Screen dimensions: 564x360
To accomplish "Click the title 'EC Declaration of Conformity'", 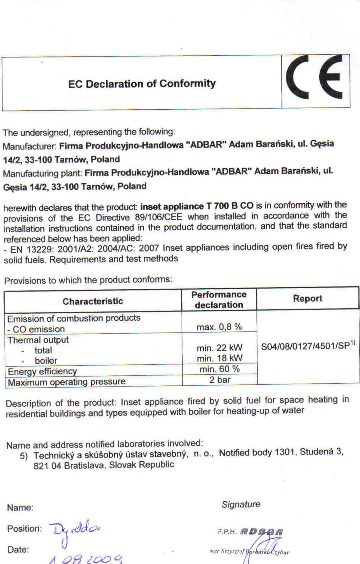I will tap(142, 84).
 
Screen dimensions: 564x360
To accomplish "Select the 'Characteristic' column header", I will tap(93, 301).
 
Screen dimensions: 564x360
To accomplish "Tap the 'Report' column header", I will tap(307, 298).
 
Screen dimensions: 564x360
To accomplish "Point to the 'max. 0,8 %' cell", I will tap(219, 326).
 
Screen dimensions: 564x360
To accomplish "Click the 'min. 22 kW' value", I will tap(220, 348).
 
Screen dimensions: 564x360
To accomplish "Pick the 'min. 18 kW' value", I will tap(220, 358).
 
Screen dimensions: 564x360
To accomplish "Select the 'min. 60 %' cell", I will tap(220, 369).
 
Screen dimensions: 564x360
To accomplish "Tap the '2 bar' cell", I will tap(220, 379).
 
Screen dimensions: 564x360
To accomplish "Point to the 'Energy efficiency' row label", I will tap(42, 371).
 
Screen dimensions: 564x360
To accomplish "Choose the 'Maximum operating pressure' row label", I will tap(66, 382).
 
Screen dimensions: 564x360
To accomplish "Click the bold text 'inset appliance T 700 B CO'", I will tap(197, 206).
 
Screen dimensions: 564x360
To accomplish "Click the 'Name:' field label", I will tap(20, 508).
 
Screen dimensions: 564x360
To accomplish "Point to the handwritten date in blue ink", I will tap(86, 558).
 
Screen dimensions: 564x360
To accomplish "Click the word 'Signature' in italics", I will tap(241, 504).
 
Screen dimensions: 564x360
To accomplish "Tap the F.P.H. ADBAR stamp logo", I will tap(251, 532).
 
